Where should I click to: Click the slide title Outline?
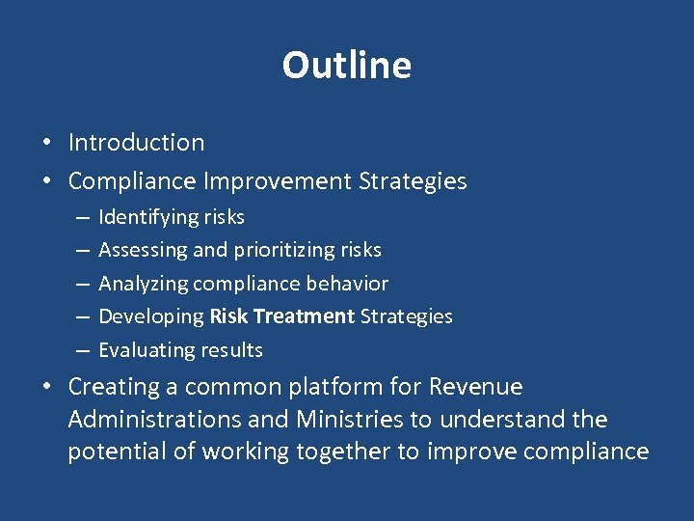click(347, 66)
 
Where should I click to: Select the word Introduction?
click(136, 143)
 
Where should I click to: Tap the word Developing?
click(151, 316)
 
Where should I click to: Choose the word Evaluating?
click(146, 350)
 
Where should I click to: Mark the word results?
click(230, 350)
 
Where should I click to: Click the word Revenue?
click(476, 388)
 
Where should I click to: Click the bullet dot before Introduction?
click(46, 144)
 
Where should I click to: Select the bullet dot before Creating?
click(46, 388)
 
